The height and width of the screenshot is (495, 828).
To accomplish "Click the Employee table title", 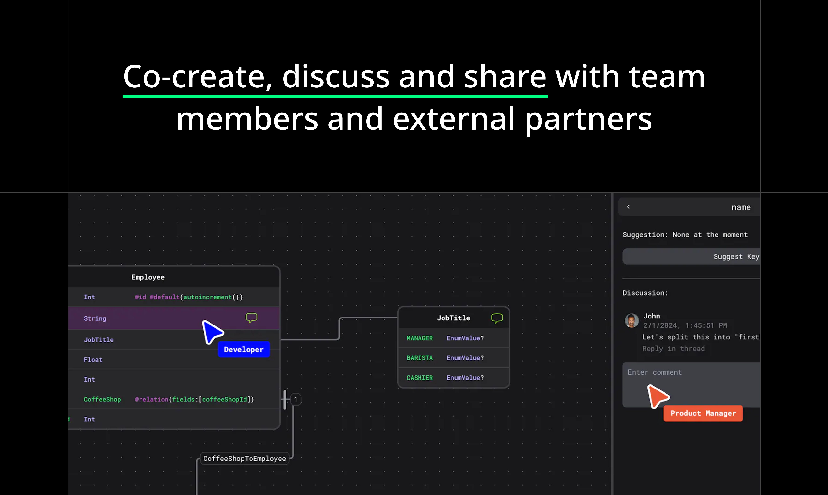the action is click(x=148, y=277).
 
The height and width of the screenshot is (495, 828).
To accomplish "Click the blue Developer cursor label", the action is click(x=244, y=350).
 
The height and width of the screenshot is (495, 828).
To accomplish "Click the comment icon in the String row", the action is click(x=251, y=318).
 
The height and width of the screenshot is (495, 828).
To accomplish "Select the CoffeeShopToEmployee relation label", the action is click(x=244, y=459).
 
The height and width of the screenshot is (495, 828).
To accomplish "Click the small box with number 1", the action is click(x=296, y=400).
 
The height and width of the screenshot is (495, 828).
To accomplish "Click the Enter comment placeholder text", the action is click(x=654, y=372).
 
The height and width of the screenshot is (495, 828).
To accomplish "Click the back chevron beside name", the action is click(x=628, y=207).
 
